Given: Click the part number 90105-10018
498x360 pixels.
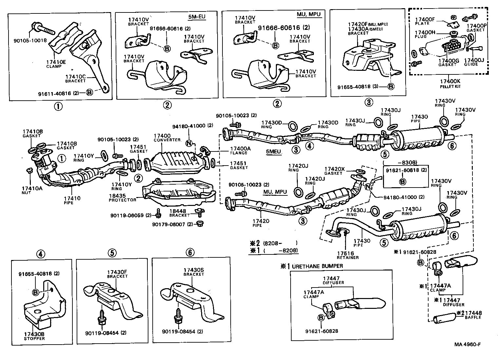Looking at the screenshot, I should [30, 41].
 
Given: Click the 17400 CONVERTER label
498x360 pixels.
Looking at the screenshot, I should [167, 137].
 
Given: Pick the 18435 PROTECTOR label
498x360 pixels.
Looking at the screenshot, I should [122, 198].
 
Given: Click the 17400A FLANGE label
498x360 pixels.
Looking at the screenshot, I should [240, 150].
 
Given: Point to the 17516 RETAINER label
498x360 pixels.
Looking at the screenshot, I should [348, 255].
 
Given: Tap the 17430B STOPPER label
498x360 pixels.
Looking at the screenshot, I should [34, 336].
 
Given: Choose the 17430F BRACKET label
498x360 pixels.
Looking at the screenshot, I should [117, 274].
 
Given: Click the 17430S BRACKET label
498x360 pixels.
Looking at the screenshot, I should [194, 272].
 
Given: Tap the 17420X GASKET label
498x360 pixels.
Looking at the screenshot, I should [334, 171].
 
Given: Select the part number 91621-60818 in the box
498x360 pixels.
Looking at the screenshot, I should [406, 170].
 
